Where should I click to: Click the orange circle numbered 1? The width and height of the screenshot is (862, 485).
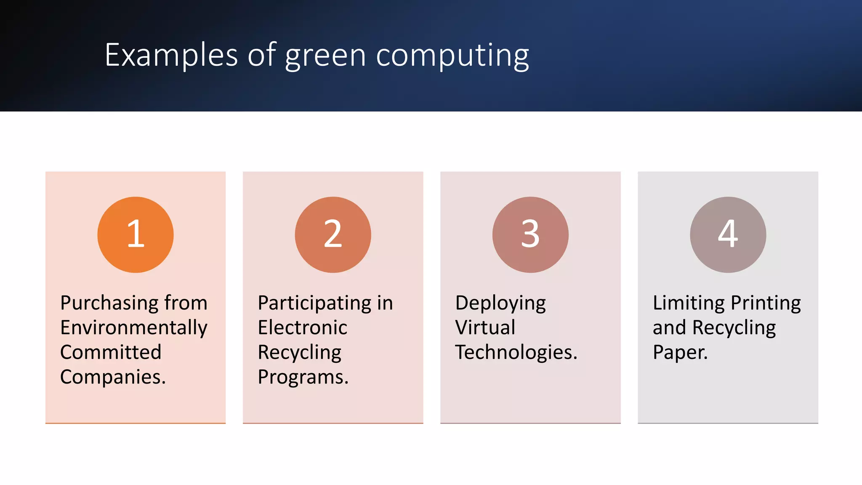point(135,235)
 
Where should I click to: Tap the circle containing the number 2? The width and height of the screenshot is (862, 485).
point(333,235)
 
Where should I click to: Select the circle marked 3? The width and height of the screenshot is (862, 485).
point(530,235)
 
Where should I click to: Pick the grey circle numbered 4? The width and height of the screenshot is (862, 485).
point(728,235)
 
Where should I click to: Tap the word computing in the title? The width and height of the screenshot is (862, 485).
point(452,56)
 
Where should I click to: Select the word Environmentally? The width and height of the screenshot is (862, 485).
point(133,328)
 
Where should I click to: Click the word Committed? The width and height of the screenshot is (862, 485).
point(110,352)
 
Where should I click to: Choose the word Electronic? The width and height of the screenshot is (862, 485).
point(302,328)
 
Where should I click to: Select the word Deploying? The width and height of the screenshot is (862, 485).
point(500,303)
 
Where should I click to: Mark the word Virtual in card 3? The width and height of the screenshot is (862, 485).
point(484,328)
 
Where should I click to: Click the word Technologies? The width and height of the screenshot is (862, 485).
point(516,352)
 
